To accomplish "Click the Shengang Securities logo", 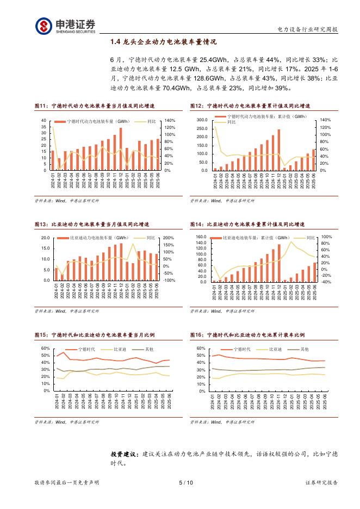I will tap(65, 26).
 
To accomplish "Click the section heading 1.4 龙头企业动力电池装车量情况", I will tap(163, 41).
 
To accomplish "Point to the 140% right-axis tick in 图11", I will tap(169, 120).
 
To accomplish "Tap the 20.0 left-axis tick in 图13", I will tap(45, 238).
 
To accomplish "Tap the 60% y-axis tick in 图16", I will tap(201, 349).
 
